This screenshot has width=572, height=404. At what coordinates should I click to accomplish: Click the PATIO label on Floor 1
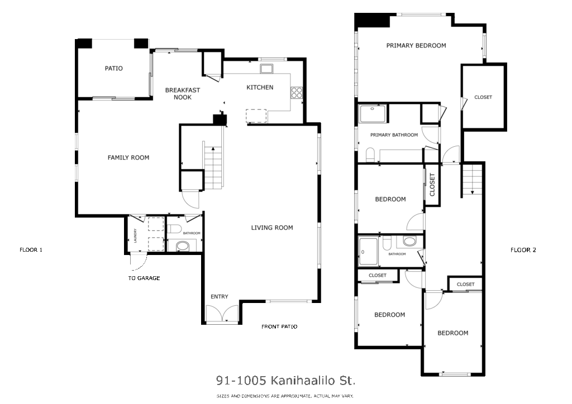(113, 69)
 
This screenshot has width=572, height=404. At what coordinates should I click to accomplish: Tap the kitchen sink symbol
(266, 69)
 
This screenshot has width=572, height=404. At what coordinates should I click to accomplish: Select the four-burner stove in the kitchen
(296, 93)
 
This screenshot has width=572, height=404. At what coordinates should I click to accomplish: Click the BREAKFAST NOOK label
(183, 94)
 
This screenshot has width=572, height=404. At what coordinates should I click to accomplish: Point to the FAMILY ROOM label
(128, 158)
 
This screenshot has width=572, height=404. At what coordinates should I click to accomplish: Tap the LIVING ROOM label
(272, 228)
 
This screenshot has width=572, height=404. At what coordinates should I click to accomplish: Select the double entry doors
(222, 314)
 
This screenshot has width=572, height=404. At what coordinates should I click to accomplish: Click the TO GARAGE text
(144, 278)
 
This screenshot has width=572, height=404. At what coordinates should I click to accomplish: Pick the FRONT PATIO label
(279, 327)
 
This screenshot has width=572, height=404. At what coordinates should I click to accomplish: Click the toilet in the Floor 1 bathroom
(174, 229)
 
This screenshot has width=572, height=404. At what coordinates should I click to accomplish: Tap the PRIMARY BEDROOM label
(416, 46)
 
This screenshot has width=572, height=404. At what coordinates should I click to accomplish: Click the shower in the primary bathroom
(373, 114)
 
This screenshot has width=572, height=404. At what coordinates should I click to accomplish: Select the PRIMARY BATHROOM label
(394, 135)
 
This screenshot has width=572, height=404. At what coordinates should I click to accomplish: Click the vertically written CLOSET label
(432, 185)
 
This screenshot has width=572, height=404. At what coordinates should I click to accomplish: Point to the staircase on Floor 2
(473, 179)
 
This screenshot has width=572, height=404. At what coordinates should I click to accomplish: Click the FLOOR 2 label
(523, 250)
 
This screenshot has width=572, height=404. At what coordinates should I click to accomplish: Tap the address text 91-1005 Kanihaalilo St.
(285, 381)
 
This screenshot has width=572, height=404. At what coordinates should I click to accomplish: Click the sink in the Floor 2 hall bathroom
(409, 241)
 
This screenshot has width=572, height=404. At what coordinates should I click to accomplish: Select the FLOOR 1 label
(31, 250)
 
